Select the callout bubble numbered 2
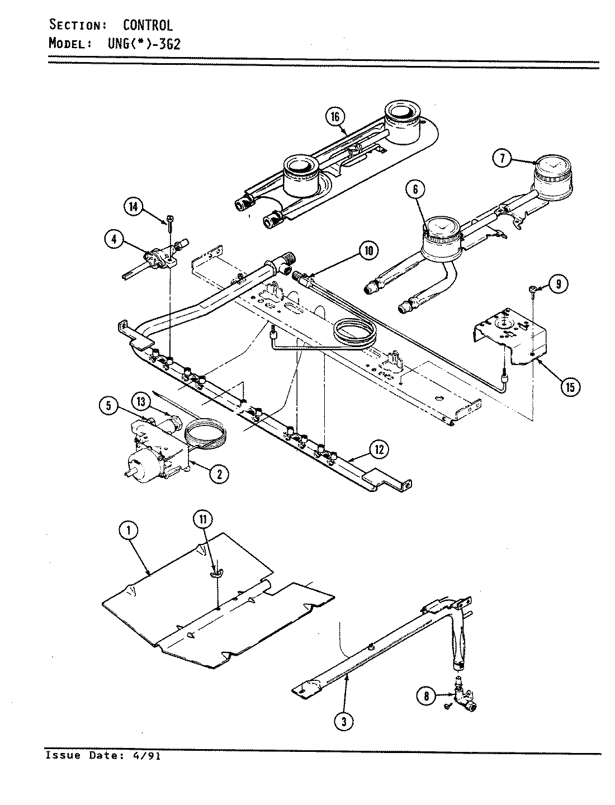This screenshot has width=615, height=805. [x=219, y=474]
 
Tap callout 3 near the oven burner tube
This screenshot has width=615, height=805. [x=344, y=721]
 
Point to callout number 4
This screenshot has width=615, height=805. [x=113, y=240]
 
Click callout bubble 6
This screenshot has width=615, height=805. [x=415, y=190]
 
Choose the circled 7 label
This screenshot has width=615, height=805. [x=502, y=159]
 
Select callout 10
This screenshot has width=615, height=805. [x=368, y=250]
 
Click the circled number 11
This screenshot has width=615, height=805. [x=203, y=519]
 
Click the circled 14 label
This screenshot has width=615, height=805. [x=133, y=207]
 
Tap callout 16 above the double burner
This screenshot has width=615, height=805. [x=335, y=117]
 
